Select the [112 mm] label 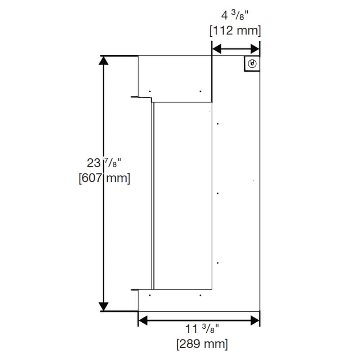[x=235, y=31]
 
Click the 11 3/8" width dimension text [x=202, y=329]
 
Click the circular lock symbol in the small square [x=252, y=64]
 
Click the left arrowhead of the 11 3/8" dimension [x=143, y=320]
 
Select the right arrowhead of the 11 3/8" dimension [x=255, y=320]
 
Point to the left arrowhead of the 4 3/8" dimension [x=216, y=49]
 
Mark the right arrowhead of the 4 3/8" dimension [x=255, y=49]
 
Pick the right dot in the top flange [x=201, y=91]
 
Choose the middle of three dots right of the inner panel [x=218, y=193]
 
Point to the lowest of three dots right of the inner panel [x=218, y=263]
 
